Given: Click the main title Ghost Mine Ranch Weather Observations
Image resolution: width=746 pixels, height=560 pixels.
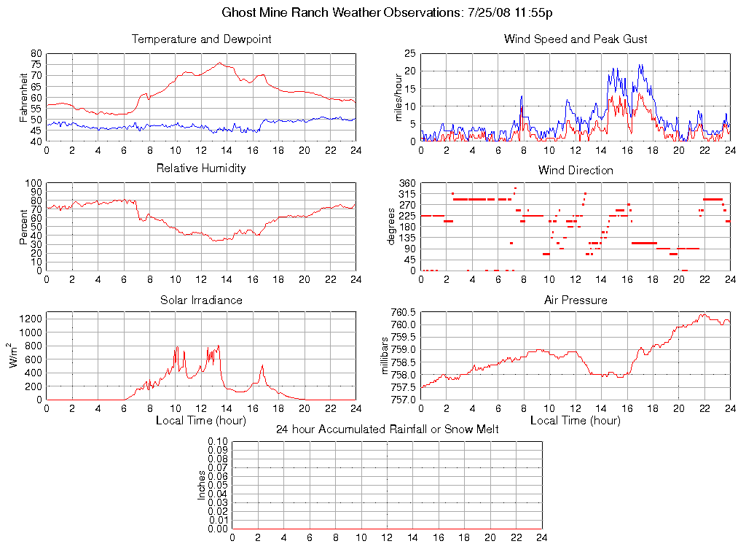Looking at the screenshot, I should point(387,12).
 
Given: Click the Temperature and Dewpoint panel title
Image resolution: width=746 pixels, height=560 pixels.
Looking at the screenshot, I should point(201,39).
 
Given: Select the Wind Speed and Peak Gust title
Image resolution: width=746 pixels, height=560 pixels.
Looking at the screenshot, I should point(576,39).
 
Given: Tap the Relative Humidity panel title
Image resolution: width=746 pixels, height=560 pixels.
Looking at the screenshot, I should point(201,168).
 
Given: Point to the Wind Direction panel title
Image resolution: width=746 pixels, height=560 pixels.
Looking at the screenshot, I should point(576,171).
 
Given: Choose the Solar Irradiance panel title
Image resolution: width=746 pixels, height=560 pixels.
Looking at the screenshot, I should point(201,300).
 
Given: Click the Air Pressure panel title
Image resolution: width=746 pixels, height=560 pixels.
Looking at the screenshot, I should point(576,300).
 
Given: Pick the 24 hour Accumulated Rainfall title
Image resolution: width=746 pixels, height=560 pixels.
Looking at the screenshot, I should point(387,429).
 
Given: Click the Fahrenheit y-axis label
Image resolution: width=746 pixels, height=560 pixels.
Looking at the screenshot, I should point(24,98).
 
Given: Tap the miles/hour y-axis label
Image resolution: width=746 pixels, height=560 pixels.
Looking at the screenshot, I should point(398,98).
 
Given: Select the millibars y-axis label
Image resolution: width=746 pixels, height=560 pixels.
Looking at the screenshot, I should point(387,356).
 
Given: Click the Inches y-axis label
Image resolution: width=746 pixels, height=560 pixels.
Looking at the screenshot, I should point(201,485).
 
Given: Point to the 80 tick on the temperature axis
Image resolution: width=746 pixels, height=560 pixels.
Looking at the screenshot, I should point(36,54).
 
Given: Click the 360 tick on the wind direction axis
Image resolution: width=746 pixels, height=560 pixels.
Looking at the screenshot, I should point(407,184).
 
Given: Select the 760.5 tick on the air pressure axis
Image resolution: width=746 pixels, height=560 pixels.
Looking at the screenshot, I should point(402,313).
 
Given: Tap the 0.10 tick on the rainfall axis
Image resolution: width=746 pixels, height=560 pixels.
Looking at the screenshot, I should point(218,442).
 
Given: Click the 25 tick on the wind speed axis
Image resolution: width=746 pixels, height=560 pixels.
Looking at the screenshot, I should point(410,54).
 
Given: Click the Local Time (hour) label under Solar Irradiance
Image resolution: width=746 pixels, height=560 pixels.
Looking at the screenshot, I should point(201,421).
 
